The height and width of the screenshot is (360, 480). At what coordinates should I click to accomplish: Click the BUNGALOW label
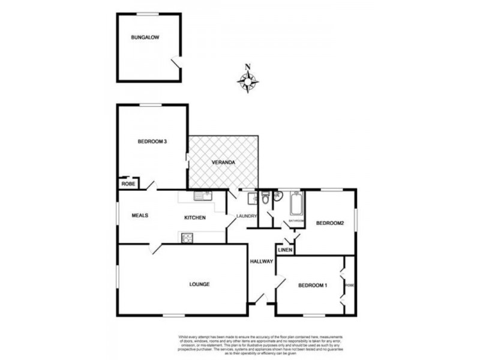145,37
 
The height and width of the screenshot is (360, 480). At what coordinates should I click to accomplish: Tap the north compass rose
248,81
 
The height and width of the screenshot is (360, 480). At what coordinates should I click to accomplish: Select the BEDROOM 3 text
152,142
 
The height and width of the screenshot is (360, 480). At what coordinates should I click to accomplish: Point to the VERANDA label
223,163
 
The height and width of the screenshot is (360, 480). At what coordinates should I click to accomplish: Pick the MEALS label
140,215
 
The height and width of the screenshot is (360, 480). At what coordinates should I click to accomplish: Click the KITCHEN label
195,217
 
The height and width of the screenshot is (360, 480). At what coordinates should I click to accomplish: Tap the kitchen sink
202,196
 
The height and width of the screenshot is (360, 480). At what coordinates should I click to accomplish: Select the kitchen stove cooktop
187,237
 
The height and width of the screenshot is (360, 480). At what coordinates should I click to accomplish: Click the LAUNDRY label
247,216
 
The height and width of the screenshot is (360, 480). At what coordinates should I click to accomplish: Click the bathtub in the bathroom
295,204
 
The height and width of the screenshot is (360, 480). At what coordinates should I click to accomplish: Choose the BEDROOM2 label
329,223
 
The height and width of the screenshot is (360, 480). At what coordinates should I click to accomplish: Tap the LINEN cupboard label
285,249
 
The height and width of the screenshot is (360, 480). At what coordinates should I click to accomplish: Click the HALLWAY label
262,261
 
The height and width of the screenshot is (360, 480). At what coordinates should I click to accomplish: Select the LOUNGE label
199,284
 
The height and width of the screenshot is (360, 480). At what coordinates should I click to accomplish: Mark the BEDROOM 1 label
313,285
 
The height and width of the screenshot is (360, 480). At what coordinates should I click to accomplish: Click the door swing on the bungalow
175,62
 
